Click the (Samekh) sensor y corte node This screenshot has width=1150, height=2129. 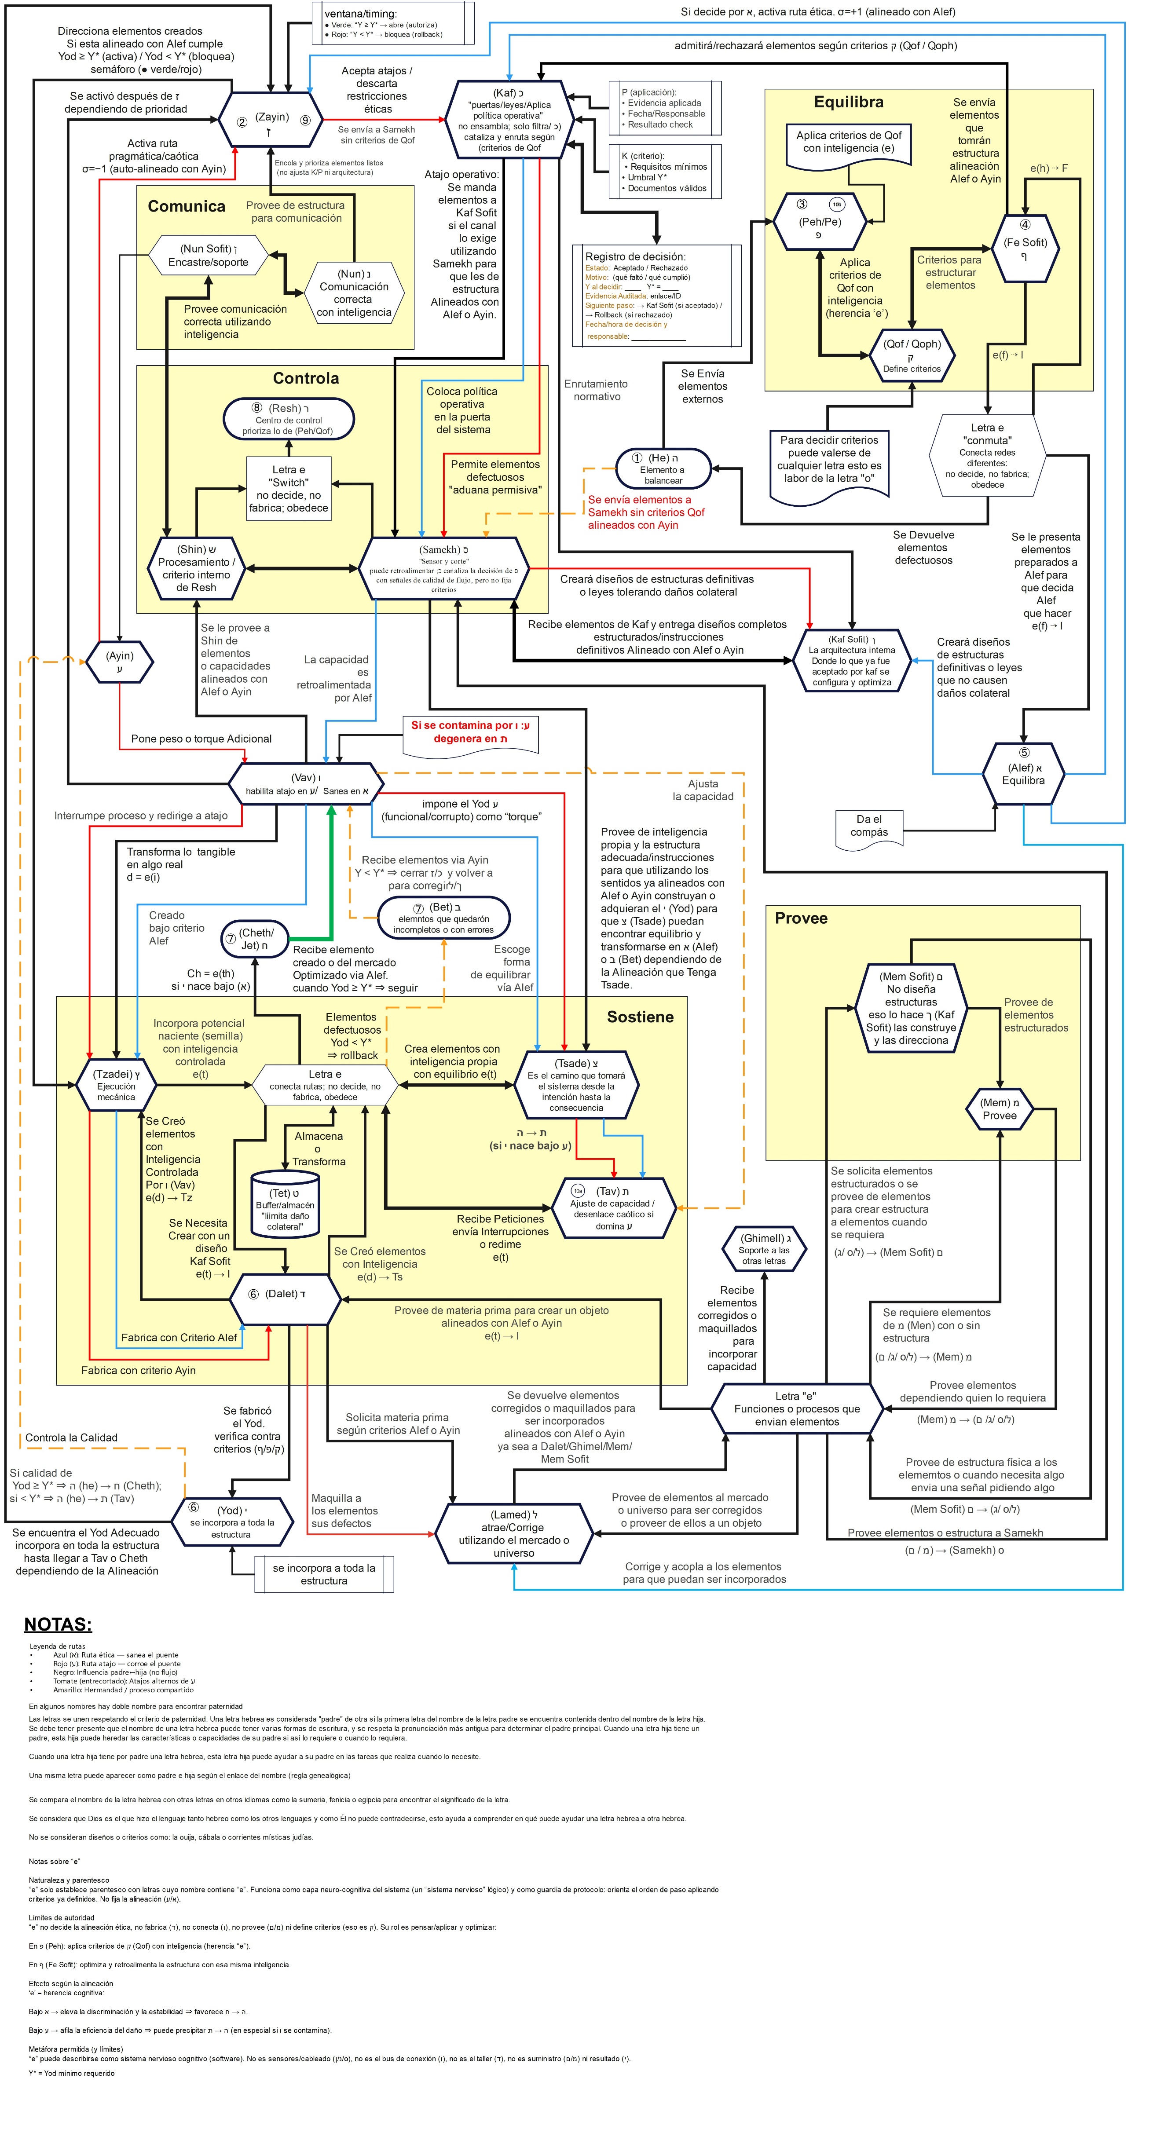(x=444, y=569)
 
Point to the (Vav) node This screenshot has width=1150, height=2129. (x=306, y=783)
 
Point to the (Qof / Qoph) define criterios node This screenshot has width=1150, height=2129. (x=912, y=355)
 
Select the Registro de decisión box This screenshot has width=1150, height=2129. (x=656, y=295)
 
